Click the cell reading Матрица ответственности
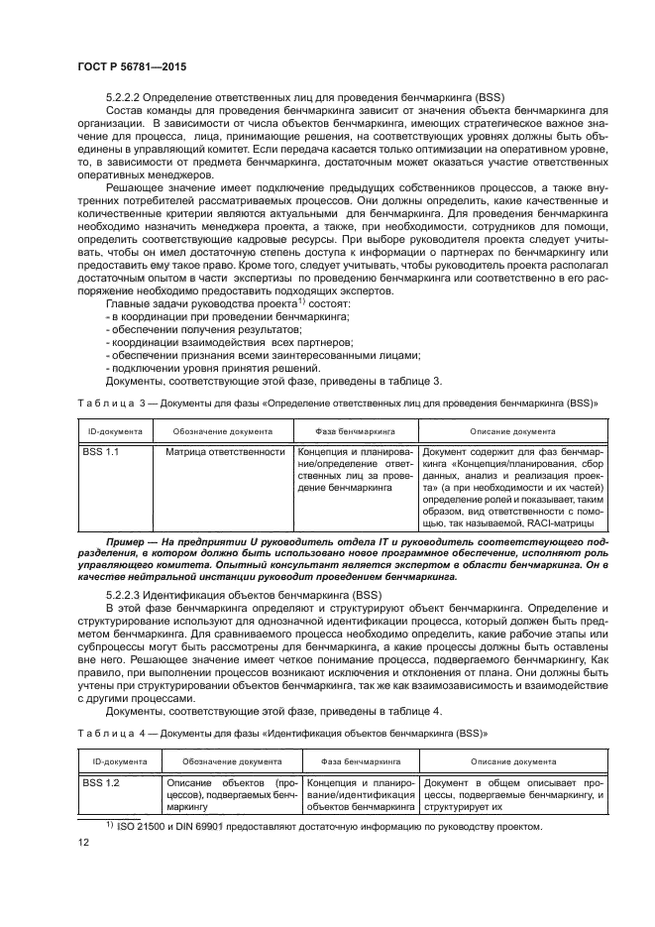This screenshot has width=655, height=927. point(225,451)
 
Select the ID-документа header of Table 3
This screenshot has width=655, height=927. point(117,432)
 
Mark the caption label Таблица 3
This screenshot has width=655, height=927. point(109,405)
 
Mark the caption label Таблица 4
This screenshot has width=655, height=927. point(109,735)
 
